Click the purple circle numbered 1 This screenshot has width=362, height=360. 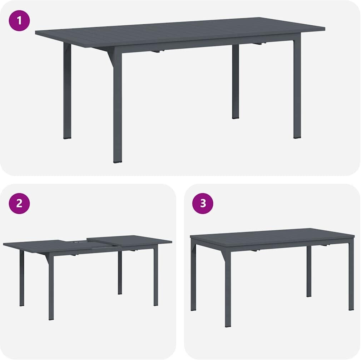19,21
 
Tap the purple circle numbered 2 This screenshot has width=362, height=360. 19,203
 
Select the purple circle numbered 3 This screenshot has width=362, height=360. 203,203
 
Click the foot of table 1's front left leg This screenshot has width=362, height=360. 118,162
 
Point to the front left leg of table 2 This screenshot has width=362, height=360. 51,286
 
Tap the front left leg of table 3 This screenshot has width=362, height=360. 228,289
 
